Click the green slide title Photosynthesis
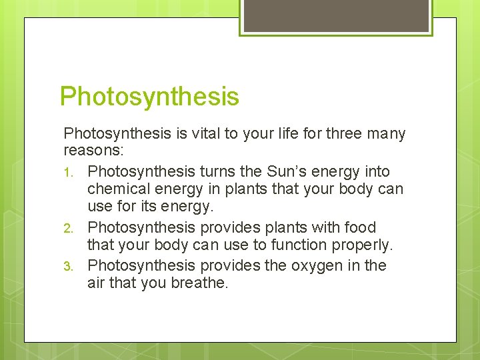pyautogui.click(x=149, y=97)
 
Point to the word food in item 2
pyautogui.click(x=361, y=227)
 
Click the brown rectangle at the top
pyautogui.click(x=336, y=15)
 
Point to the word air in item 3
pyautogui.click(x=97, y=283)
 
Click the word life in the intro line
pyautogui.click(x=297, y=134)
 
